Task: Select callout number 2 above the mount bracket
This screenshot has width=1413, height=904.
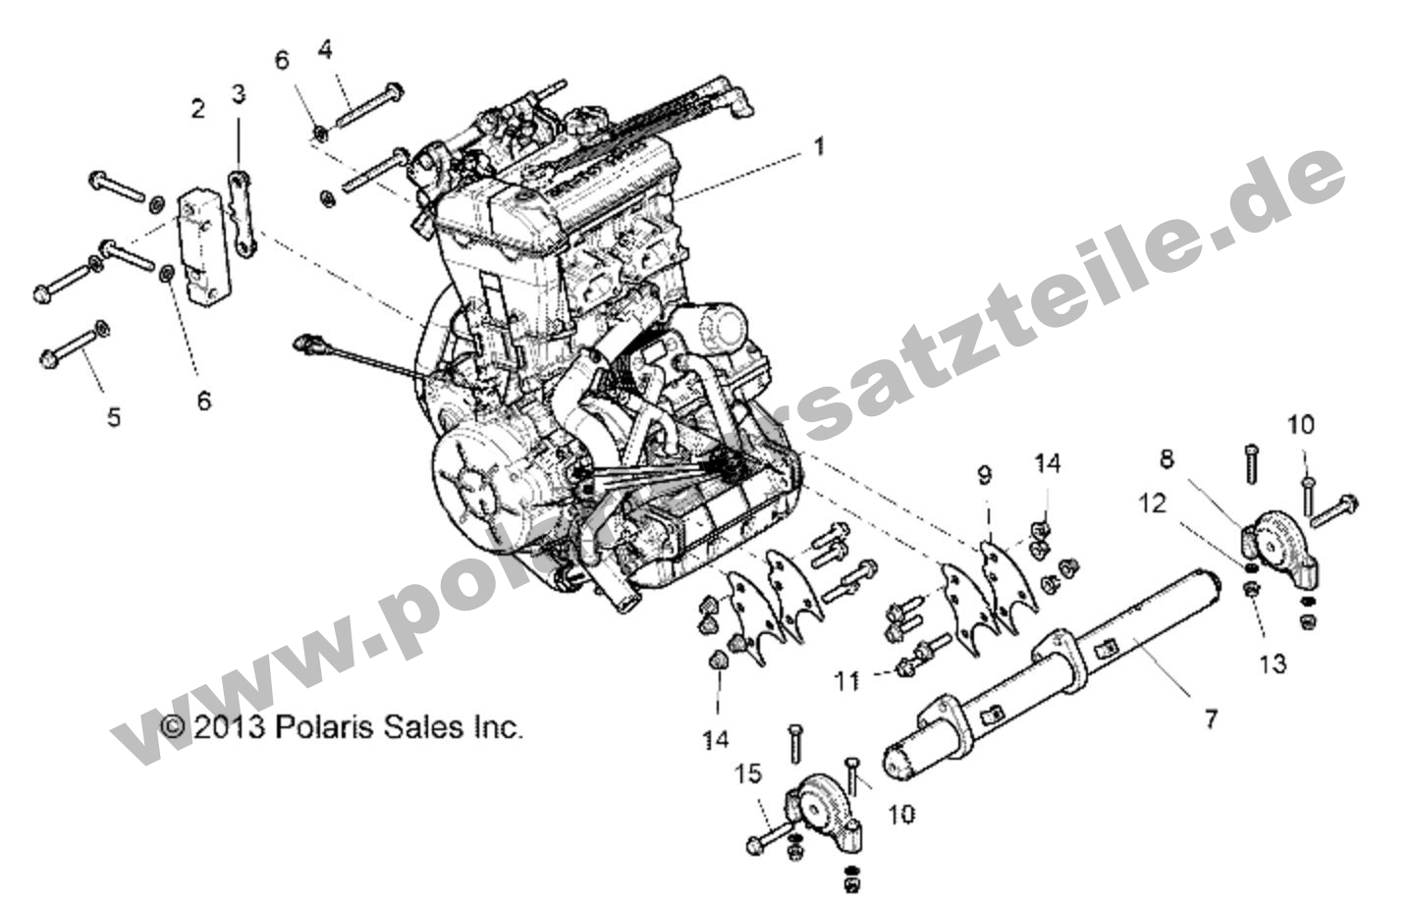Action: [198, 109]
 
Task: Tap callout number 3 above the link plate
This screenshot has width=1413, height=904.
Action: [239, 94]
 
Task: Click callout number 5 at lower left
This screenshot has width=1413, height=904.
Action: [114, 417]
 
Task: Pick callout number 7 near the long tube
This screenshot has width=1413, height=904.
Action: [1210, 719]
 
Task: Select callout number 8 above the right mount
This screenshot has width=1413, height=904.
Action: [1166, 458]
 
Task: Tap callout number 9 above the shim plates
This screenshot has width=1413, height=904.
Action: [984, 476]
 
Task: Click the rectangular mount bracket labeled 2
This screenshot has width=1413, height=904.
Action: [200, 251]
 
